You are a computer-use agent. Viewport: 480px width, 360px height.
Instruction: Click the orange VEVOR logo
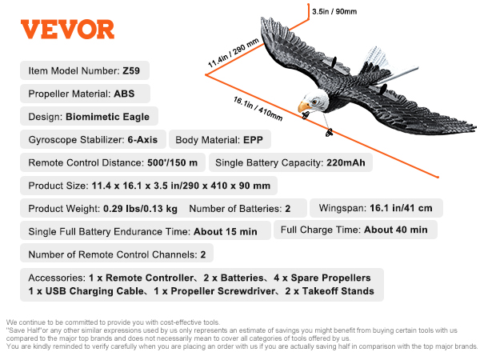coord(68,30)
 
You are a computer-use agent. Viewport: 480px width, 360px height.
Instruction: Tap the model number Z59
coord(131,70)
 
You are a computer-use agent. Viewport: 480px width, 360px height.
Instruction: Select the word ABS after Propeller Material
coord(124,94)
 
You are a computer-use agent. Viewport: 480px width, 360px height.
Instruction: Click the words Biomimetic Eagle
coord(107,117)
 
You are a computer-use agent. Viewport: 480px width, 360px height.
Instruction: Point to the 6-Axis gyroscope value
coord(142,139)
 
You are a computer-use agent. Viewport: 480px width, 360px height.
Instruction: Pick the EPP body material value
coord(253,140)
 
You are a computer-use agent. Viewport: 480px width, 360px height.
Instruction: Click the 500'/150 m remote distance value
coord(172,162)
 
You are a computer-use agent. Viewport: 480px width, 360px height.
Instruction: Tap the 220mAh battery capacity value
coord(346,162)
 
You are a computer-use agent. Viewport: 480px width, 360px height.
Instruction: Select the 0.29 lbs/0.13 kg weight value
coord(140,209)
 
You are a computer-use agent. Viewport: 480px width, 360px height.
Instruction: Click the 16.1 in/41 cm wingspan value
coord(401,208)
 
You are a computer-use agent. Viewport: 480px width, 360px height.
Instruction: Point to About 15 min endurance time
coord(226,231)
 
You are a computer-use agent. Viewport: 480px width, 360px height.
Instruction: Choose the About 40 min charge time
coord(396,230)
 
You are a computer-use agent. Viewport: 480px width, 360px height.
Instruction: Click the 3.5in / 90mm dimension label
coord(334,12)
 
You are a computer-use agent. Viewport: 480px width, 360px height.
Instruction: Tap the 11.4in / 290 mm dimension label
coord(234,53)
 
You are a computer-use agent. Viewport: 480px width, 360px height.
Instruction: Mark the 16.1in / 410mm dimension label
coord(258,109)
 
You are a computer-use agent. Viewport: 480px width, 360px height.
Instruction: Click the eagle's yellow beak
coord(304,106)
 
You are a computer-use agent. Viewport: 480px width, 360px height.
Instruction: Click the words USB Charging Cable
coord(94,291)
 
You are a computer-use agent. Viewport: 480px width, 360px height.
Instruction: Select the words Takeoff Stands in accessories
coord(338,291)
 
